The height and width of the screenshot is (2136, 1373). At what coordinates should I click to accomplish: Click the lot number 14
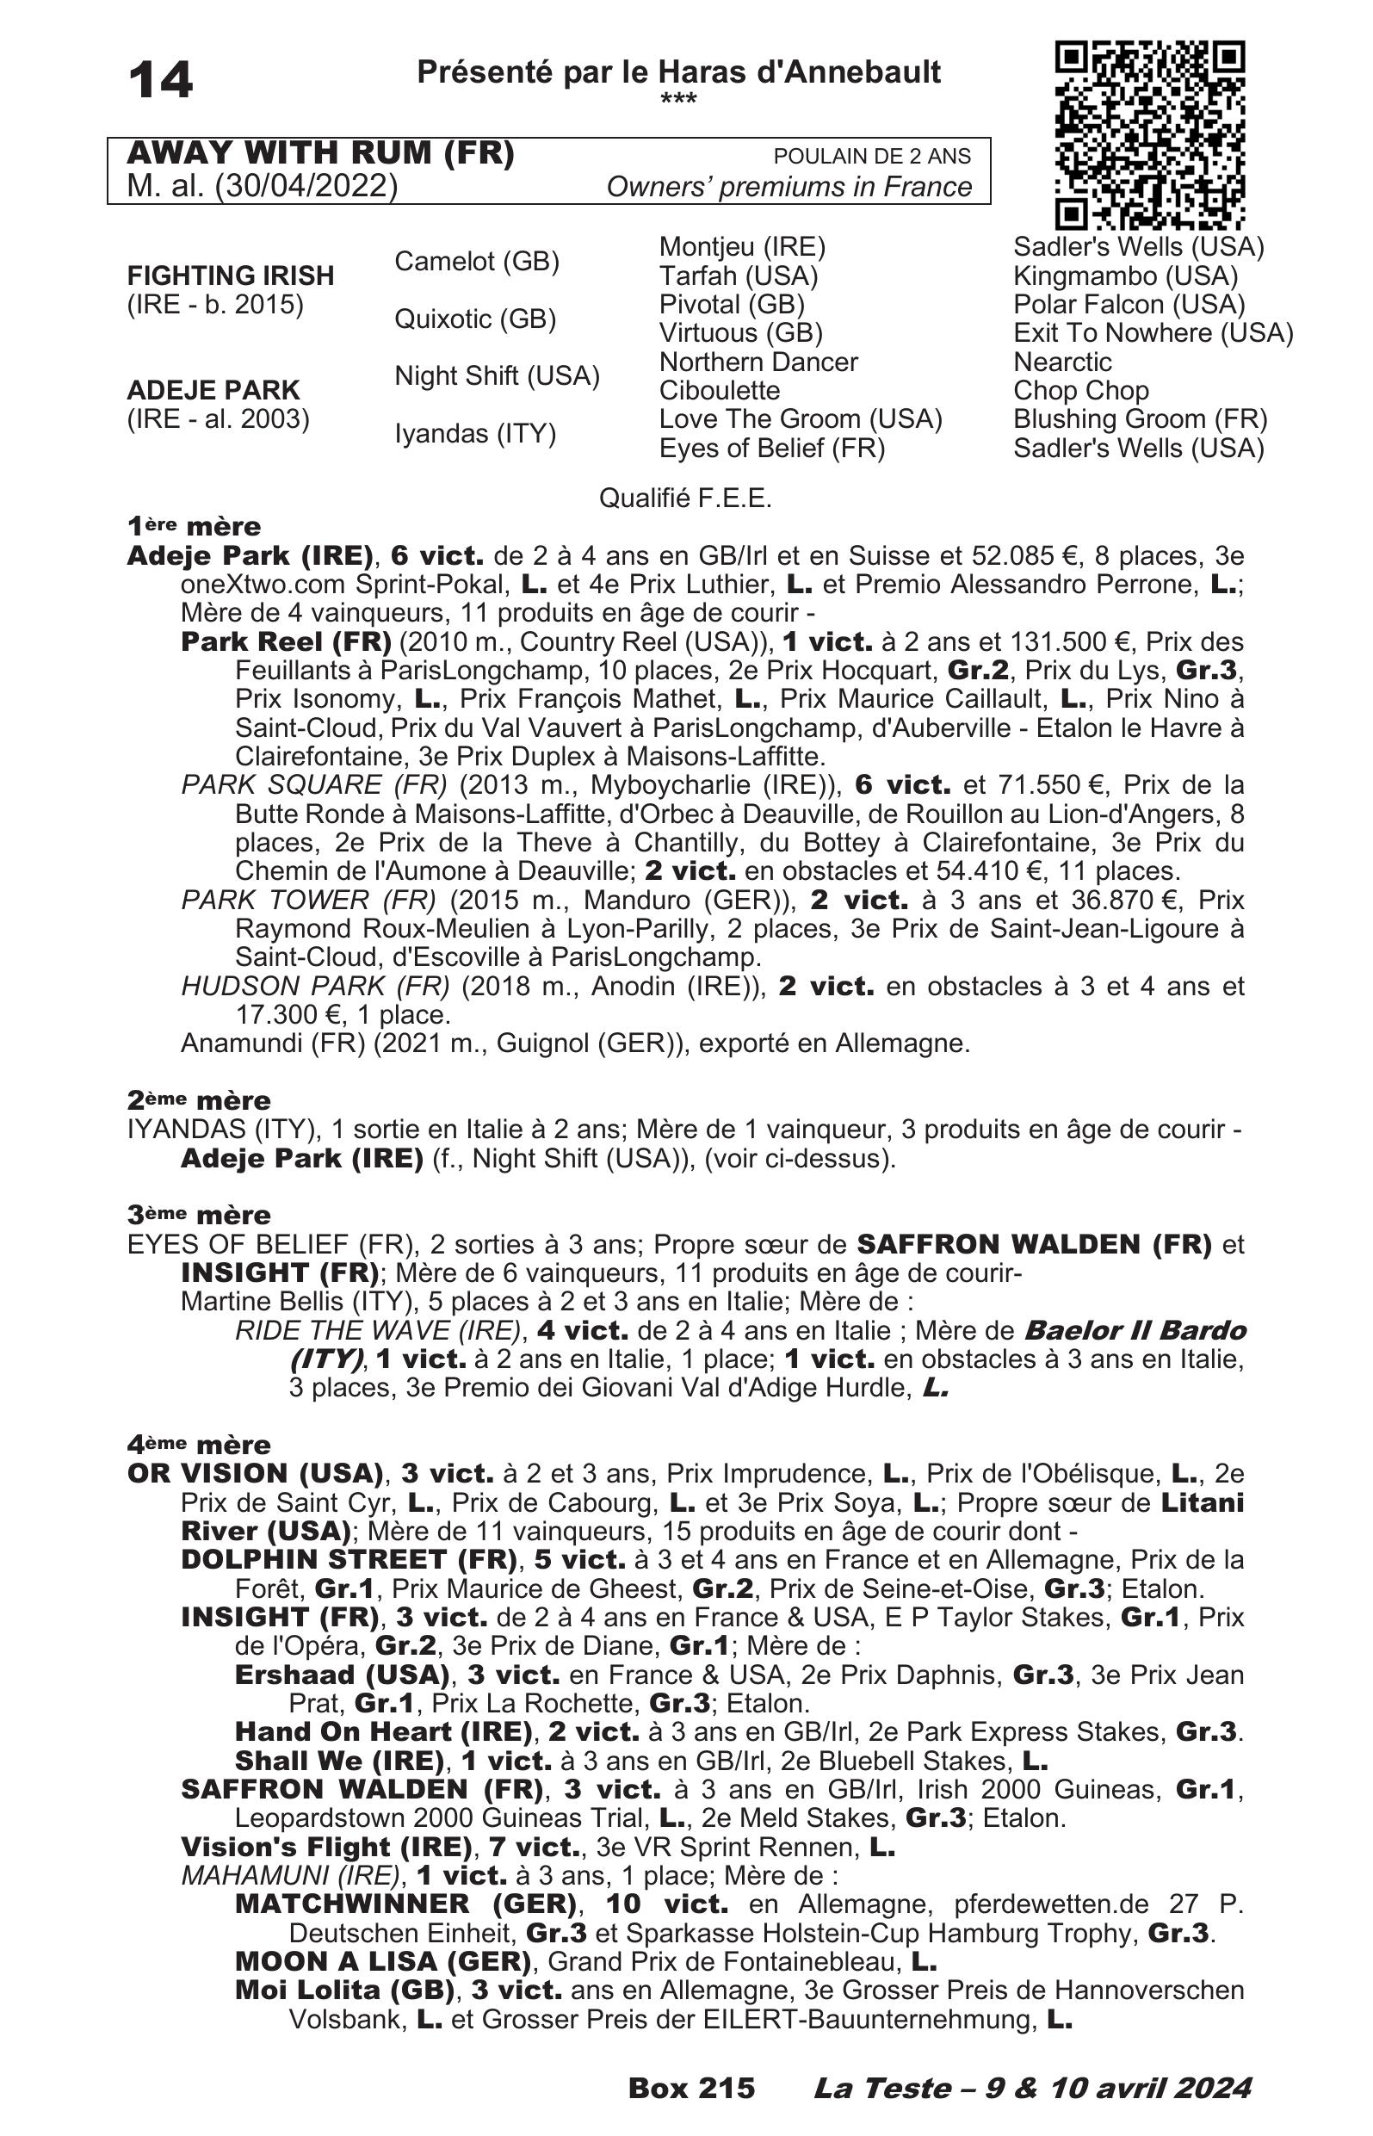tap(160, 80)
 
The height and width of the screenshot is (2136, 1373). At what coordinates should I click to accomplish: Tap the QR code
tap(1149, 133)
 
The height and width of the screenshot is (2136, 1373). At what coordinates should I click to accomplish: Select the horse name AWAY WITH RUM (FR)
tap(321, 153)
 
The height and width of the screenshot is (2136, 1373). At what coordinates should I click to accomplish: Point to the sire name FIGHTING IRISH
tap(230, 276)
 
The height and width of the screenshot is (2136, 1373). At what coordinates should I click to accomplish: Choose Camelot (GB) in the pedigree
tap(477, 261)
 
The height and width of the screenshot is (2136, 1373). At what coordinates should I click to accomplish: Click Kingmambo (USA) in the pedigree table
tap(1125, 276)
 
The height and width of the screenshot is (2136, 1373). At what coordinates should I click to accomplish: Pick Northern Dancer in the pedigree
tap(758, 362)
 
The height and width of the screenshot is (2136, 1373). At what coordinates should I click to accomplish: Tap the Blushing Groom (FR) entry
tap(1140, 419)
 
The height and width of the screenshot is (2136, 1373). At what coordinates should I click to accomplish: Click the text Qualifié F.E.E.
tap(684, 498)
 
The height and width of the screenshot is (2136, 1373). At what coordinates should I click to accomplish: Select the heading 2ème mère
tap(199, 1099)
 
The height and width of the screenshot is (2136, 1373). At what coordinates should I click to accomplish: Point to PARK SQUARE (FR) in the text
tap(314, 785)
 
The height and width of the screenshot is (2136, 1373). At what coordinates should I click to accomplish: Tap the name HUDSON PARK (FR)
tap(315, 986)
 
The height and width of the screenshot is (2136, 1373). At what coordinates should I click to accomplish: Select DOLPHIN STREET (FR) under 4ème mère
tap(349, 1559)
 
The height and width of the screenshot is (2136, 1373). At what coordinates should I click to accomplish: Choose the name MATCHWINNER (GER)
tap(405, 1904)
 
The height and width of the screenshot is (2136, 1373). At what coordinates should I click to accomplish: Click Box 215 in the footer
tap(691, 2088)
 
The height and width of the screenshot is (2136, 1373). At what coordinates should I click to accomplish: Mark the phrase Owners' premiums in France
tap(789, 186)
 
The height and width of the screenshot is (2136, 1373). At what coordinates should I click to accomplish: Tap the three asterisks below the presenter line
tap(678, 99)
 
